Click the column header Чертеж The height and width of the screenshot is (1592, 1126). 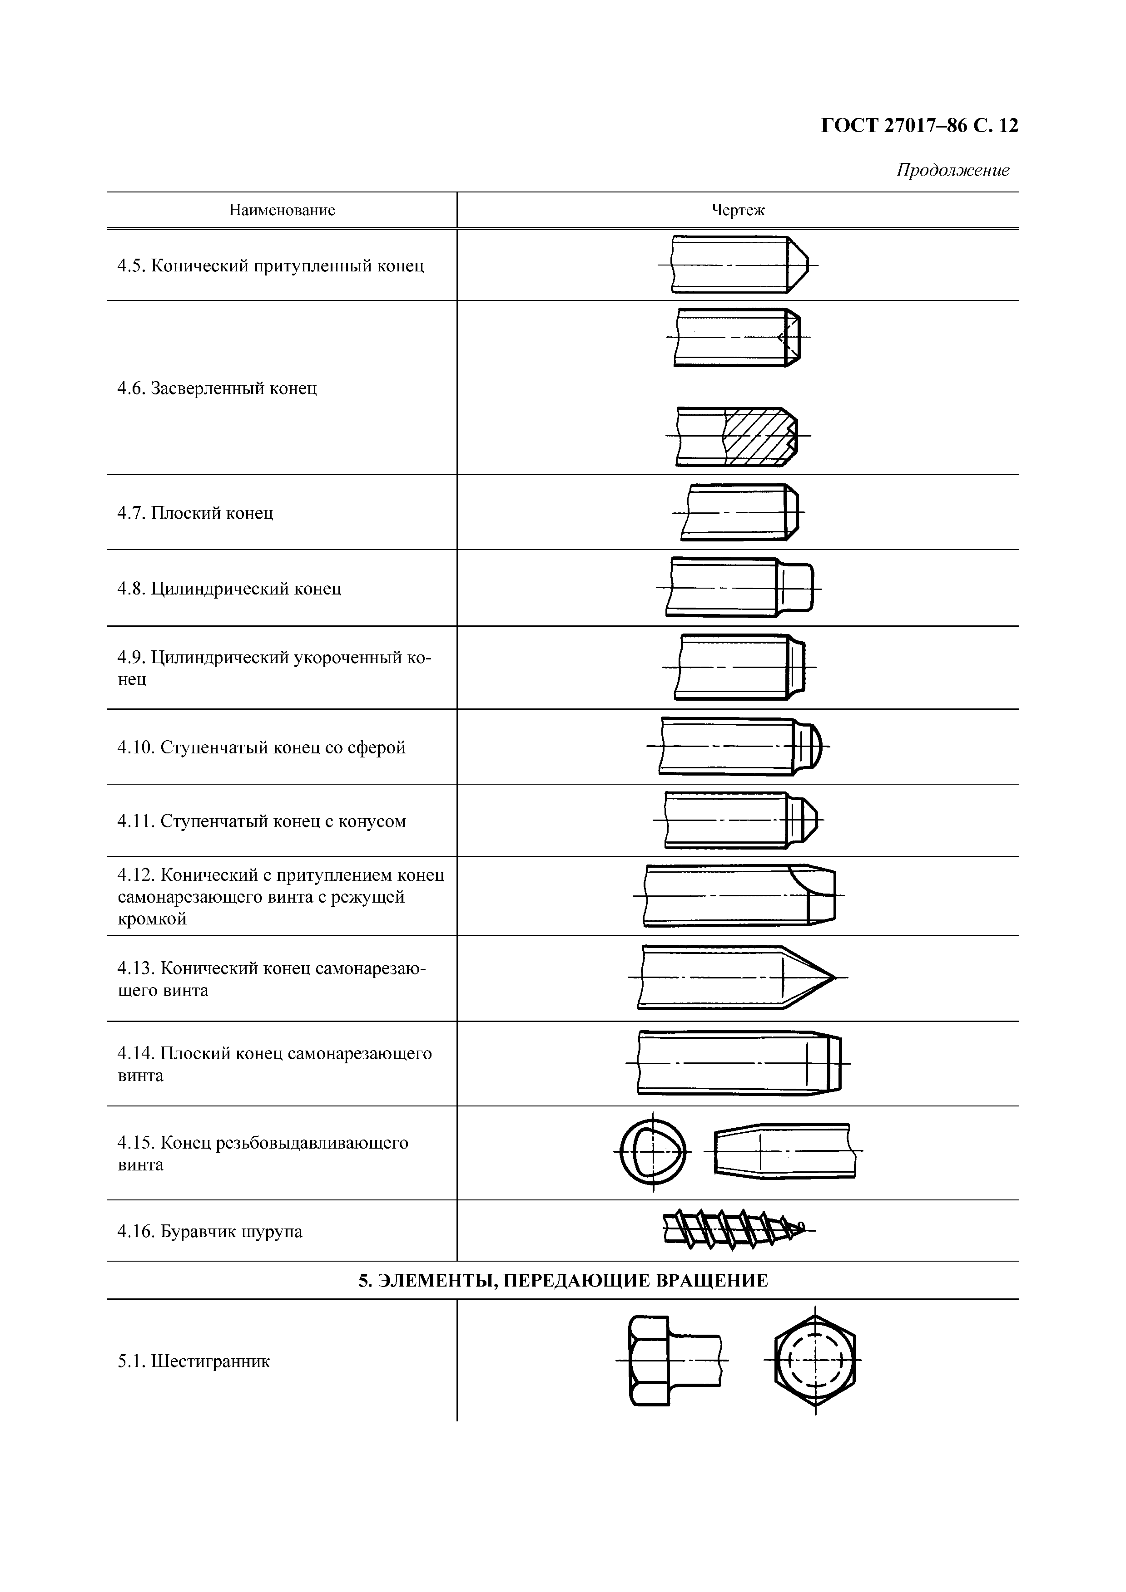click(738, 210)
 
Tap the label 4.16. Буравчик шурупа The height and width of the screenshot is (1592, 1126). click(209, 1232)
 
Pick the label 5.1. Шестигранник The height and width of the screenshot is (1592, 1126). click(193, 1361)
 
